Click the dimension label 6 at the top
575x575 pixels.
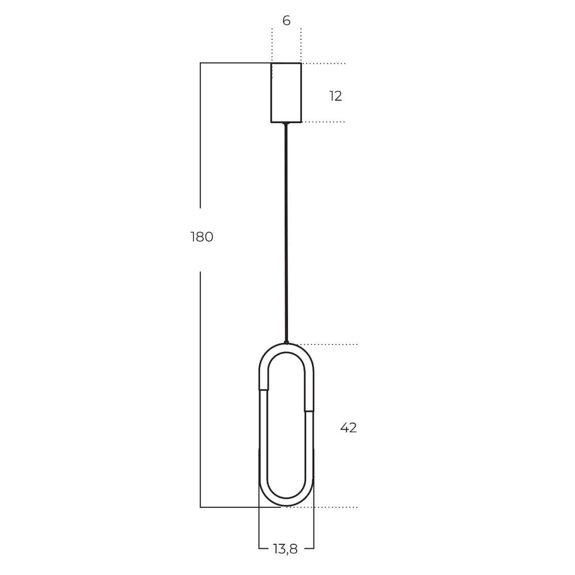[x=286, y=21]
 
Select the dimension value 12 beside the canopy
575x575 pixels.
[x=335, y=96]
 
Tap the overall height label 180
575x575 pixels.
[x=202, y=237]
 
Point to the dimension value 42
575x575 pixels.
[x=348, y=427]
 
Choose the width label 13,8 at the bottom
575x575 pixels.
[x=286, y=549]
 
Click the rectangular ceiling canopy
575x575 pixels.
[x=286, y=92]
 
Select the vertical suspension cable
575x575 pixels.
[x=287, y=230]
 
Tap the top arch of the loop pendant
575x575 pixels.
[x=287, y=348]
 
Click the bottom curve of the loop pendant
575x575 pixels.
[x=287, y=501]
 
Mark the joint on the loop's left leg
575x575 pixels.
[x=264, y=390]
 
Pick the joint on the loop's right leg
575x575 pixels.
[x=309, y=411]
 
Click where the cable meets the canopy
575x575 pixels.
[x=286, y=124]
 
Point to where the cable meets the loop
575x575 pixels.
[x=287, y=342]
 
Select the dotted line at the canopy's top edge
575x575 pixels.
[x=323, y=63]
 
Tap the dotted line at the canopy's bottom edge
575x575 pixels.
[x=323, y=122]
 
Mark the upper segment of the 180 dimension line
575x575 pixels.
[x=200, y=134]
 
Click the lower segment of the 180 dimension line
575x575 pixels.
[x=200, y=388]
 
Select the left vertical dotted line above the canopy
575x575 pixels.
[x=272, y=46]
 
